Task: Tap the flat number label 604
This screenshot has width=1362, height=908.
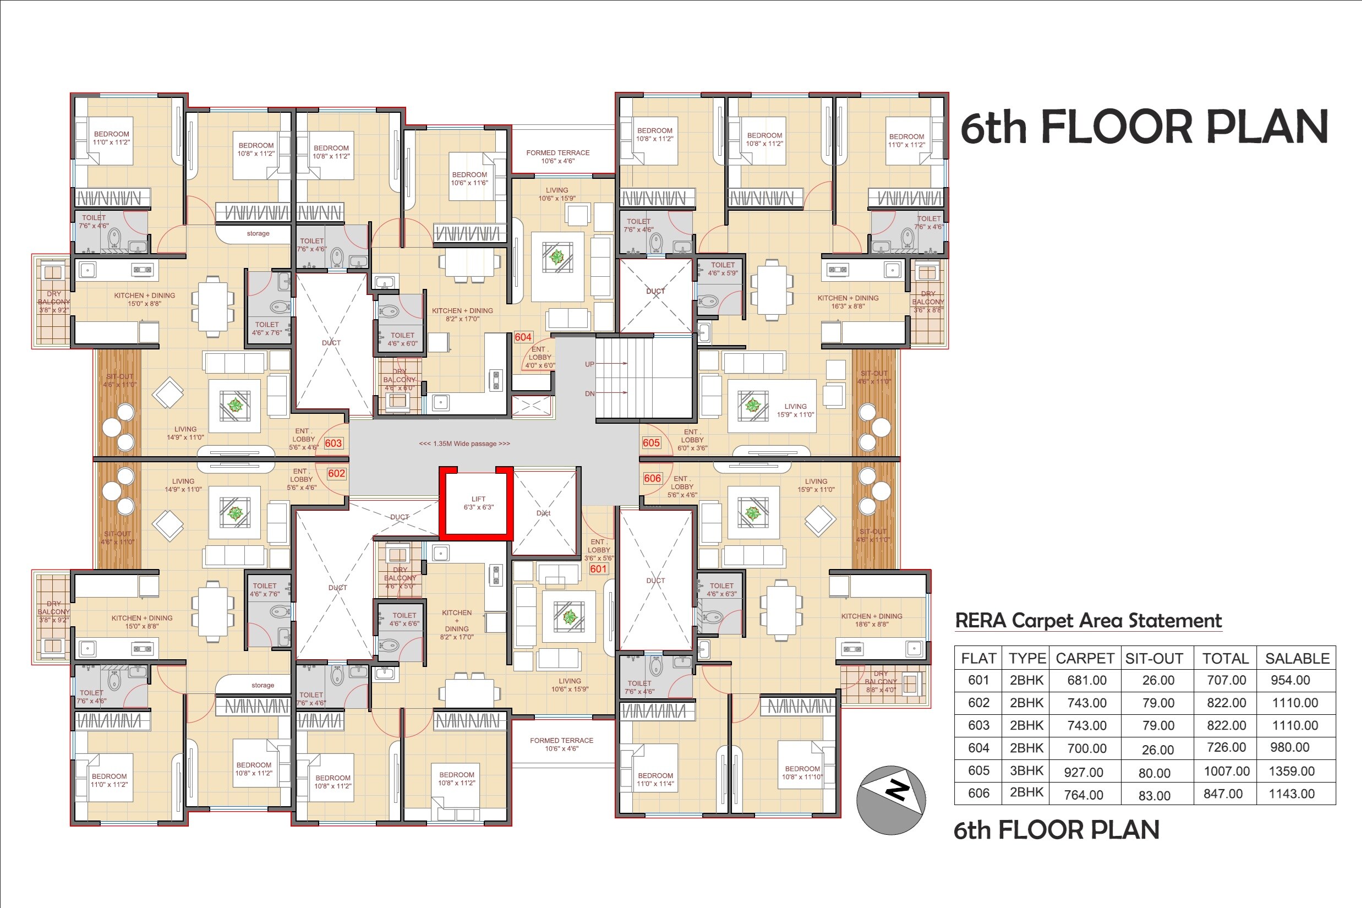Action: click(523, 337)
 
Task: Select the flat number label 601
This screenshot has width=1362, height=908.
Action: click(598, 568)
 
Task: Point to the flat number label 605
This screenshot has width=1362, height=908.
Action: click(651, 443)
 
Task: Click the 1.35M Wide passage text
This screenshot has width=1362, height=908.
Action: click(464, 444)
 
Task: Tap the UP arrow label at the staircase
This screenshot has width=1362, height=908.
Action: click(589, 364)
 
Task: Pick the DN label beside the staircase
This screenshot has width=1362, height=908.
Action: click(589, 394)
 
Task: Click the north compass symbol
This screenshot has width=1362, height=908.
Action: click(890, 800)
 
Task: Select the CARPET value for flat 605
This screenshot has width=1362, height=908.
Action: click(1084, 772)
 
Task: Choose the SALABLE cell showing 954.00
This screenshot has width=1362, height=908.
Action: click(1290, 680)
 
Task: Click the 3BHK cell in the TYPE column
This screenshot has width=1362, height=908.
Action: click(1026, 771)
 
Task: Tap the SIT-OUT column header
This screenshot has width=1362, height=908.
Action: click(1153, 658)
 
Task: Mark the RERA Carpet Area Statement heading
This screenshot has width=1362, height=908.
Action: click(1087, 621)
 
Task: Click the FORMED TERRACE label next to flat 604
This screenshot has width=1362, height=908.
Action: click(557, 157)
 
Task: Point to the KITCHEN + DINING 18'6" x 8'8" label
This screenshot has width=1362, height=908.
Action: click(872, 620)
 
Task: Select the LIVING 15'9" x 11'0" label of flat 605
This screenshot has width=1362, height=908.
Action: click(795, 411)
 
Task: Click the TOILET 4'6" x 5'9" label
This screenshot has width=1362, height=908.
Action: click(723, 269)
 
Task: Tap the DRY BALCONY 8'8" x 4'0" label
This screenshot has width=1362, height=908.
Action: click(880, 682)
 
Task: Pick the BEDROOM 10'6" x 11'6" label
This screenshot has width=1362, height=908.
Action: click(469, 178)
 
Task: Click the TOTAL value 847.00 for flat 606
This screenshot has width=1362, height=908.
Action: click(1223, 794)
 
